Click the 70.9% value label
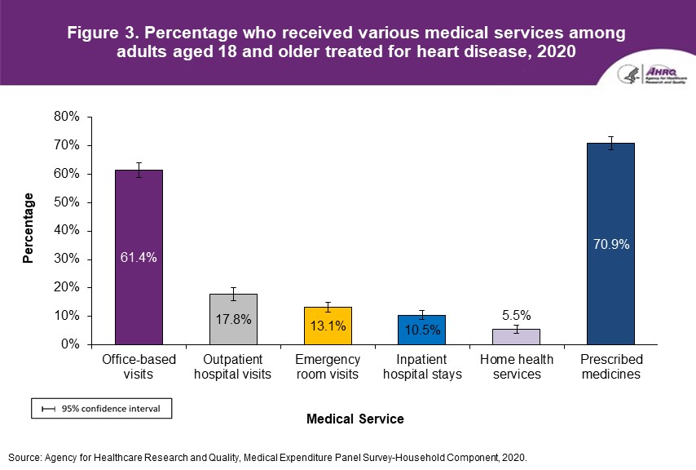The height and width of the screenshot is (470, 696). coord(610,244)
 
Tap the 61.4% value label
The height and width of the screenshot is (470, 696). coord(139,258)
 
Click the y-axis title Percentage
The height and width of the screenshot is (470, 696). coord(29,228)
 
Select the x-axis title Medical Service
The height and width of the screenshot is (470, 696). coord(355,419)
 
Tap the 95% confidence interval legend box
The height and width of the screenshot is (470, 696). coord(101,408)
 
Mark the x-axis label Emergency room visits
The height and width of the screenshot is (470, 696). coord(328,366)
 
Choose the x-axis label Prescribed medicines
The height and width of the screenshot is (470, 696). coord(610,366)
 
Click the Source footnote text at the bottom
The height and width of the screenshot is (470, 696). coord(268,458)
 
